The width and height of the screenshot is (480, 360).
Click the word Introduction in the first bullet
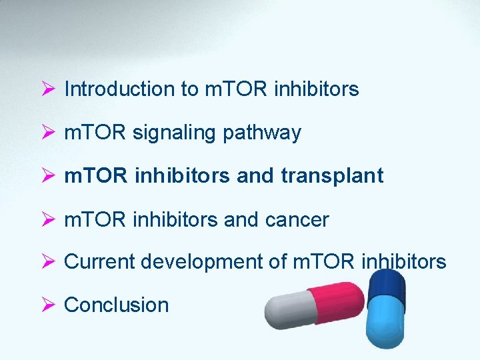(x=119, y=89)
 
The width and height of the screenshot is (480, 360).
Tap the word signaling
(x=175, y=133)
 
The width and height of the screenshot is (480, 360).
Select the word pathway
(x=262, y=133)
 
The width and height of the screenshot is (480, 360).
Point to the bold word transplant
(x=332, y=176)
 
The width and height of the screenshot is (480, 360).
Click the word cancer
(x=298, y=219)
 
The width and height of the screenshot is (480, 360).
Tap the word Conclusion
(x=116, y=305)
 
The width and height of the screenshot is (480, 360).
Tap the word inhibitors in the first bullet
(x=316, y=89)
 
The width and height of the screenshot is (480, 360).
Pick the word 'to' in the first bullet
(x=189, y=89)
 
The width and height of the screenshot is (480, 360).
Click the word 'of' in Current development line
(x=278, y=262)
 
